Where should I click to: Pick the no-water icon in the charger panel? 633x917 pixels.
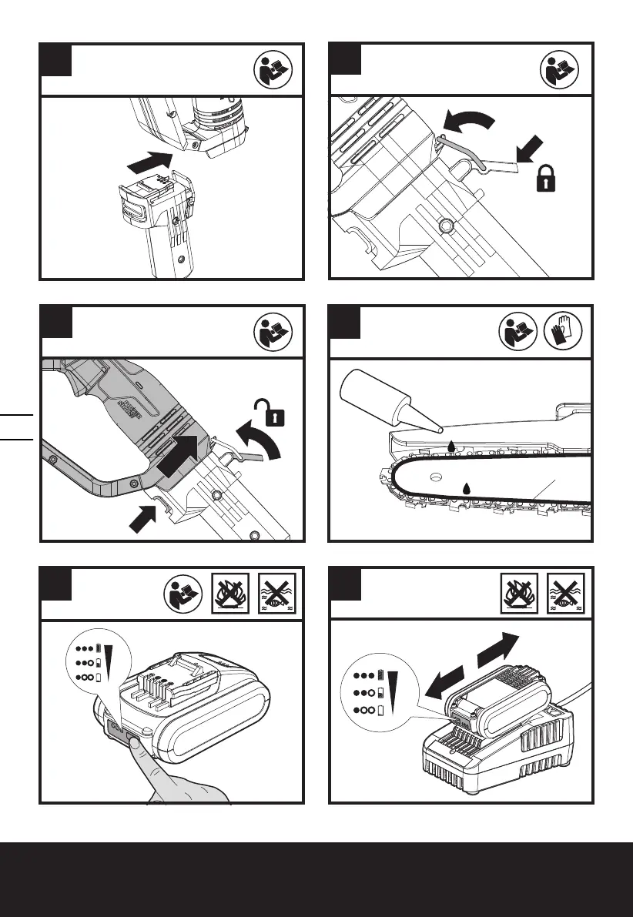[x=566, y=592]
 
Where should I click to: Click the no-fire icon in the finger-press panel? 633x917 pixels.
[x=232, y=592]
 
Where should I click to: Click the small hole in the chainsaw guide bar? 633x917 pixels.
[x=434, y=477]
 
